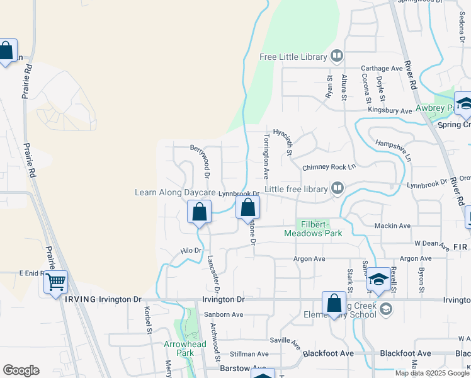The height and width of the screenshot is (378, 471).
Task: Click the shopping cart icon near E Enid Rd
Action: pos(56,282)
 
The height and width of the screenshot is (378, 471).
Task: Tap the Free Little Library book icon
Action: pos(338,57)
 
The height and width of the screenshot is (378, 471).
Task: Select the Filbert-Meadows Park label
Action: pos(313,229)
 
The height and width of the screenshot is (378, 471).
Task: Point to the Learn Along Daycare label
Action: pos(175,193)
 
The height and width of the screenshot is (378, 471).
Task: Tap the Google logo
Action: pos(21,370)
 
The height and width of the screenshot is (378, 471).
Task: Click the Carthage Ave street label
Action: pos(381,68)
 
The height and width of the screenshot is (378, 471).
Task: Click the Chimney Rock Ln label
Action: pos(329,167)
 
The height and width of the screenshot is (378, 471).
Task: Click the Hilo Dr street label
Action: pos(190,250)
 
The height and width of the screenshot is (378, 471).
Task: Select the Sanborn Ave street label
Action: pos(223,314)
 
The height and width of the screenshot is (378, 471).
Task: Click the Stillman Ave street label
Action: pos(247,354)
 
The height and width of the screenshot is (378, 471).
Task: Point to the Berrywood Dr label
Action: pos(204,160)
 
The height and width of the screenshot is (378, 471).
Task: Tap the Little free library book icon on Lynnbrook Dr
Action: pos(338,188)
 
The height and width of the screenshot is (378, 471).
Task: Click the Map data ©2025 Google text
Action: pos(432,373)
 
